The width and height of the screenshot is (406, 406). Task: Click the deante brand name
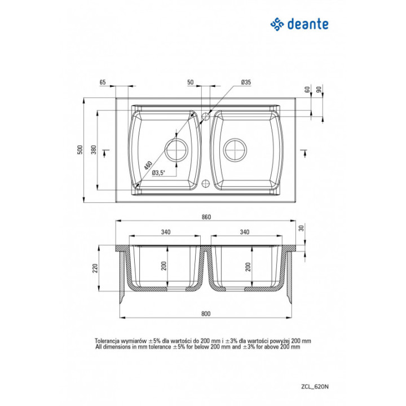[x=308, y=24]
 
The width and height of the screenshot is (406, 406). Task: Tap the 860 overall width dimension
[x=206, y=217]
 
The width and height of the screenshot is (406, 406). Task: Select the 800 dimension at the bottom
[x=206, y=314]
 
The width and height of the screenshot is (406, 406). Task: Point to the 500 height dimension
[x=80, y=149]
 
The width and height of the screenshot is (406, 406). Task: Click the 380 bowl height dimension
[x=94, y=149]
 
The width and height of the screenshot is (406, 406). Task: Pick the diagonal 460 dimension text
[x=148, y=165]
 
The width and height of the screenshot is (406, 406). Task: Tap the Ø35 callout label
[x=246, y=82]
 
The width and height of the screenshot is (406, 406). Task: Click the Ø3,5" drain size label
[x=158, y=173]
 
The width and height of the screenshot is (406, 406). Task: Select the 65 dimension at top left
[x=103, y=82]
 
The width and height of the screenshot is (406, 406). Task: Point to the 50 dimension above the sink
[x=191, y=82]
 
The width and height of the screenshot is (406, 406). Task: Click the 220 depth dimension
[x=95, y=268]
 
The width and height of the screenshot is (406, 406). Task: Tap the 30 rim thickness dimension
[x=301, y=228]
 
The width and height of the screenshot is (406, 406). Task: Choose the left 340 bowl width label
[x=166, y=232]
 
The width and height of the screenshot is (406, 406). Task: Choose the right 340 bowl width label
[x=244, y=232]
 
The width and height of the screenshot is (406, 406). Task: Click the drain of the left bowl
[x=176, y=149]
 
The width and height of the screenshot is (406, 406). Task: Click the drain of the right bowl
[x=235, y=149]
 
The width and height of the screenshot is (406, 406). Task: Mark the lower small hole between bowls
[x=206, y=184]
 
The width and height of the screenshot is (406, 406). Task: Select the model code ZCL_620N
[x=315, y=387]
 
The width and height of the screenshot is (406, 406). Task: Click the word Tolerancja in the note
[x=107, y=341]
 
